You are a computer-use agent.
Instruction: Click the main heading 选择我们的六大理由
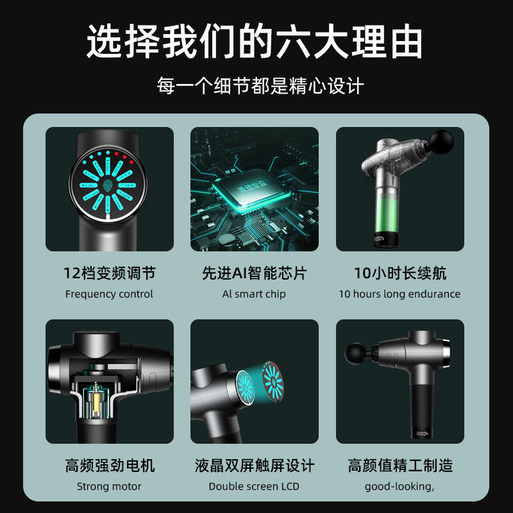(255, 42)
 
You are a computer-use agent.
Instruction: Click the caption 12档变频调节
(110, 274)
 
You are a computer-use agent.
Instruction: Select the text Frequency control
(110, 294)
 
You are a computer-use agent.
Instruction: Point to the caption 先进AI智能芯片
(255, 274)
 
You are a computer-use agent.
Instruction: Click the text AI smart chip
(254, 294)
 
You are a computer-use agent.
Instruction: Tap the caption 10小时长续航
(400, 274)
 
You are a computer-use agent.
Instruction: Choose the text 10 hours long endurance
(400, 294)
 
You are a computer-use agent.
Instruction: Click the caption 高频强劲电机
(110, 466)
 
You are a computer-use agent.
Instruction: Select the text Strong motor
(110, 486)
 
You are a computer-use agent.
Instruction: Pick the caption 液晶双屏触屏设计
(255, 466)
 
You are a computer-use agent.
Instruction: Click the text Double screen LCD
(254, 486)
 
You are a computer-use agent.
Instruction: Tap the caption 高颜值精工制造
(400, 466)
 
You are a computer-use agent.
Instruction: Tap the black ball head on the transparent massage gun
(441, 140)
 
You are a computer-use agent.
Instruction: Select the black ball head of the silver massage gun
(355, 352)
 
